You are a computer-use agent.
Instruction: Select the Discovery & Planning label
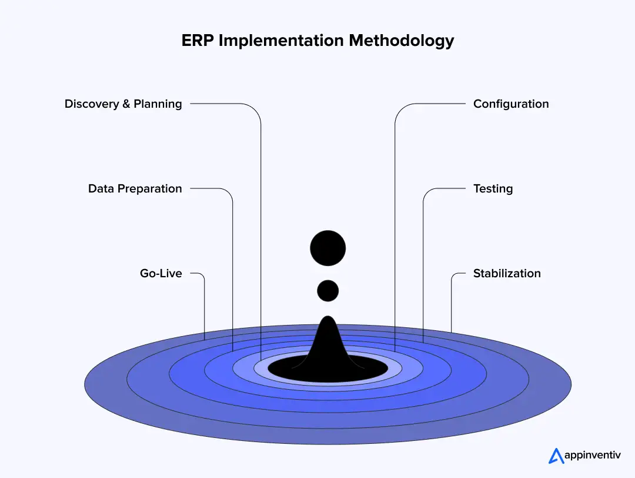[123, 104]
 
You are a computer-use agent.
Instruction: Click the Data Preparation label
[135, 189]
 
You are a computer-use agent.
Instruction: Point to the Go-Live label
[161, 274]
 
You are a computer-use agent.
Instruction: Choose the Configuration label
[511, 104]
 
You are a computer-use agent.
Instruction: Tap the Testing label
[493, 189]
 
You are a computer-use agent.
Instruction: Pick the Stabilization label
[507, 274]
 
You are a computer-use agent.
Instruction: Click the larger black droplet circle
[327, 248]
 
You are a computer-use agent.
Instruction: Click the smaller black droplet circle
[327, 290]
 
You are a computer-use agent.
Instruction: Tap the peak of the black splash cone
[327, 318]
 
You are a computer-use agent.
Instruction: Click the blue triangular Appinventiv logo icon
[556, 456]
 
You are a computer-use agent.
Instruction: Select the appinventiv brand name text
[591, 456]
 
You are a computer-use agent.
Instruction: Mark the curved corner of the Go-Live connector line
[202, 275]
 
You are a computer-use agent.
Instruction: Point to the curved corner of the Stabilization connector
[453, 275]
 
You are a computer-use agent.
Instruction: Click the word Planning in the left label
[158, 104]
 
